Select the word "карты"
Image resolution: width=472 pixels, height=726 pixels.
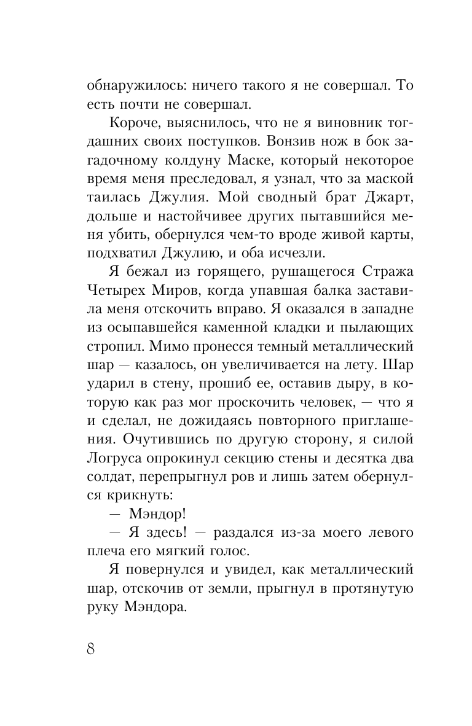(391, 217)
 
